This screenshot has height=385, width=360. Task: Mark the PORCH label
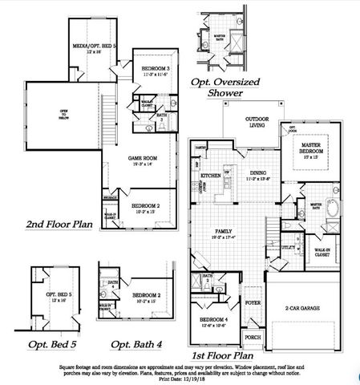point(253,338)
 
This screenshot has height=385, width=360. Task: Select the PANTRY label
point(200,148)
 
